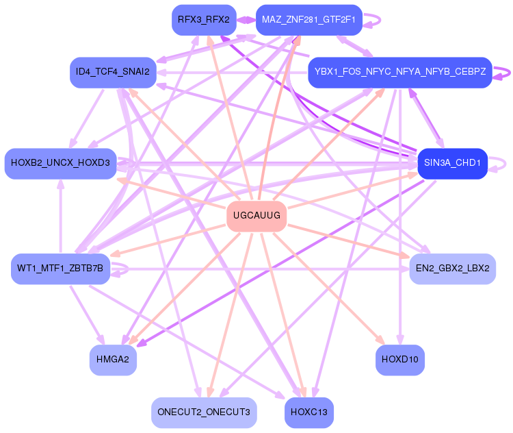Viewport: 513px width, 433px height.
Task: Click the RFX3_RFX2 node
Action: (x=204, y=20)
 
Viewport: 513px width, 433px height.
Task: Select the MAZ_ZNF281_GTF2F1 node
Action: (x=308, y=20)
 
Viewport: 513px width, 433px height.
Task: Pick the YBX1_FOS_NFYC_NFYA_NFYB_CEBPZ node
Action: (x=399, y=72)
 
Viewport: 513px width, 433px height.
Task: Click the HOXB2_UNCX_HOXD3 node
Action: (x=60, y=163)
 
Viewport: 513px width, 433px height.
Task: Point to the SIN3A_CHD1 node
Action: (x=452, y=164)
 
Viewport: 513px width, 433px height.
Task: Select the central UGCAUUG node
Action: (x=256, y=216)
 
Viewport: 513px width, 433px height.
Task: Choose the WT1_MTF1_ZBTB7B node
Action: (x=60, y=268)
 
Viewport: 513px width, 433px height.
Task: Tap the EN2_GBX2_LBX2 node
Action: (x=452, y=268)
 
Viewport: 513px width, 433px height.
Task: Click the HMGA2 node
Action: (x=114, y=360)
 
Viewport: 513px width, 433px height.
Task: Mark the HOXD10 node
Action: (x=400, y=360)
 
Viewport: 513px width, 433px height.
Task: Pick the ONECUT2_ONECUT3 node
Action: (x=204, y=412)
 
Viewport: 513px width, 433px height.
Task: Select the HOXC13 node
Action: (x=309, y=412)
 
